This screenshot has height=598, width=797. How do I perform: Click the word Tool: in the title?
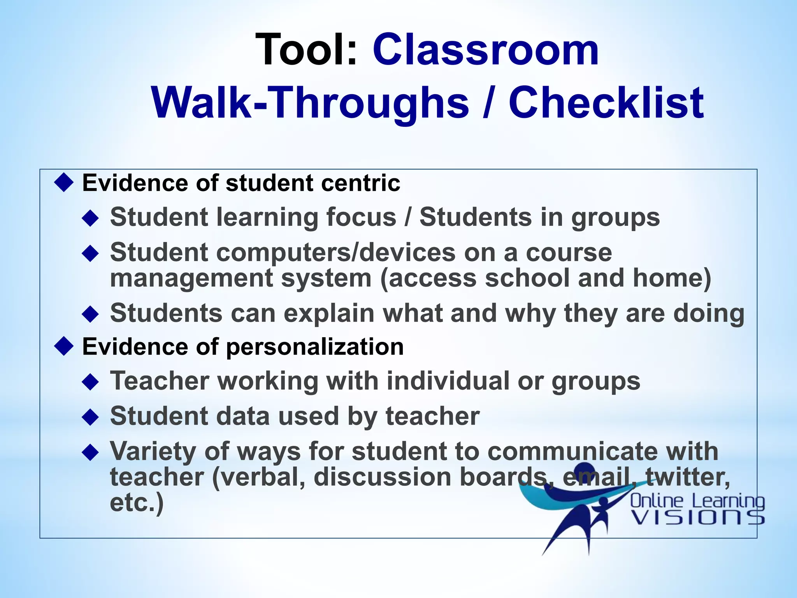(x=306, y=50)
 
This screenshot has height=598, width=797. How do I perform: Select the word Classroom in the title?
(x=486, y=50)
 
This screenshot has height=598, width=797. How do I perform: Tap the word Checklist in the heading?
(x=606, y=103)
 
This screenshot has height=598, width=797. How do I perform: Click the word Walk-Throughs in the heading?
(x=310, y=103)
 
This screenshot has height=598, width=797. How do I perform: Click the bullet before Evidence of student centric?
(x=64, y=183)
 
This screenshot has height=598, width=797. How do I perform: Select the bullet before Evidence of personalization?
(x=64, y=346)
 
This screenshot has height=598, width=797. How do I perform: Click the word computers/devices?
(x=336, y=252)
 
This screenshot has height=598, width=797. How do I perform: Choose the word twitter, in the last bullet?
(x=688, y=477)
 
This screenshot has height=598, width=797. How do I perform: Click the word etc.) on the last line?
(x=137, y=503)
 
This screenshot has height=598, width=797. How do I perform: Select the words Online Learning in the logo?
(x=697, y=501)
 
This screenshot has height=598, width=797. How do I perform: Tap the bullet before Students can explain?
(x=91, y=313)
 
